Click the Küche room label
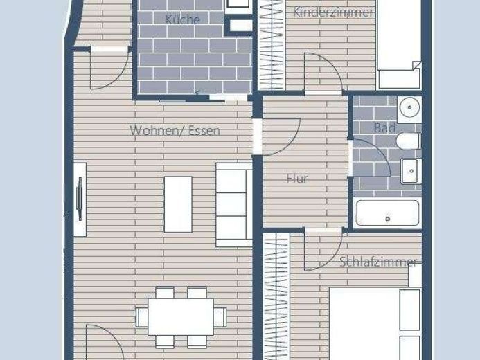click(x=182, y=19)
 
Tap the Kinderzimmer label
click(x=334, y=12)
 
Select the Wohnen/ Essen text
click(x=175, y=131)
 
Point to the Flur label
click(x=297, y=179)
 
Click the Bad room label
click(x=385, y=128)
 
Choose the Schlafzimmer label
click(x=378, y=262)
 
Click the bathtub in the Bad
click(x=388, y=213)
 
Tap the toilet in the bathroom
click(x=409, y=141)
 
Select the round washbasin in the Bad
click(x=409, y=108)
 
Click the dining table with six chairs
click(x=181, y=317)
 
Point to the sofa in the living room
click(x=234, y=205)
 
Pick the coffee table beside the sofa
click(x=178, y=205)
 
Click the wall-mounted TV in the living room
click(x=80, y=199)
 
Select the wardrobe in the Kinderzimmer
click(x=272, y=45)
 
